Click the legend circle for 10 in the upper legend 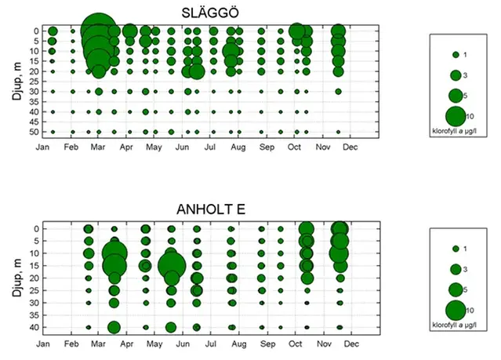click(455, 115)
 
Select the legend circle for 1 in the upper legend click(455, 55)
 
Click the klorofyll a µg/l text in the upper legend click(456, 128)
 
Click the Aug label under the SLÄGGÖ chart click(238, 146)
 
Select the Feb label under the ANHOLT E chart click(71, 344)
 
